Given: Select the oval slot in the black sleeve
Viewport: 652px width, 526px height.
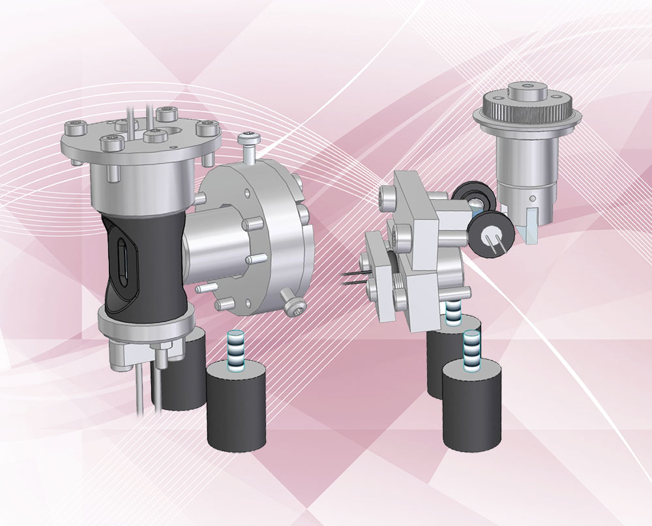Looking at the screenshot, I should (124, 261).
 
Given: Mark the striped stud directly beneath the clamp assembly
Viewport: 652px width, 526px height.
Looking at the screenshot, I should (454, 312).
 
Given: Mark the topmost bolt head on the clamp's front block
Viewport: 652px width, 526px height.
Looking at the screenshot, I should (387, 194).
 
